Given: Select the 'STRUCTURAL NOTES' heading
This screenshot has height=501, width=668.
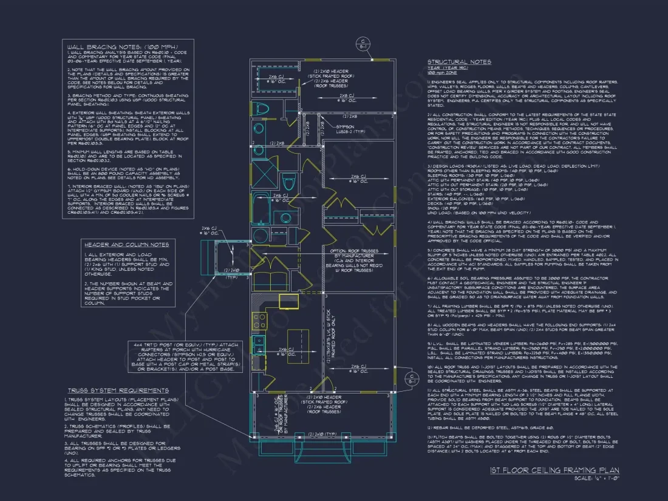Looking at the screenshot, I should [x=459, y=62].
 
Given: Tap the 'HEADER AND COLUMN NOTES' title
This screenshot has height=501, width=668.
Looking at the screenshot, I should [x=126, y=244].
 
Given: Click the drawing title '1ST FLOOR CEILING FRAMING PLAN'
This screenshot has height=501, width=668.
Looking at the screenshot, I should [x=554, y=470].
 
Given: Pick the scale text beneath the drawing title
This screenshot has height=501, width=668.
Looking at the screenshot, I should [x=596, y=479].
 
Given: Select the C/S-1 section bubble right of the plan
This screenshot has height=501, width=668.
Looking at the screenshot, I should [x=412, y=379].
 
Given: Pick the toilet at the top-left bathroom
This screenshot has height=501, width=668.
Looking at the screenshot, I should [x=262, y=109].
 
